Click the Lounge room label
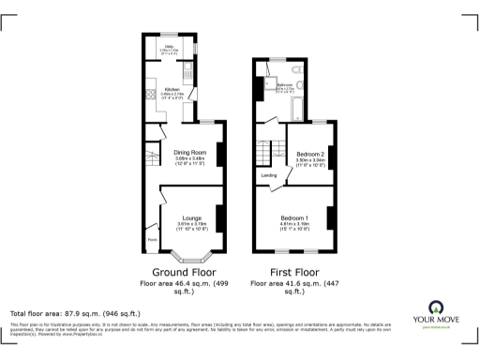click(x=191, y=217)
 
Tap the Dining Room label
click(x=190, y=153)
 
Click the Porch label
click(x=151, y=239)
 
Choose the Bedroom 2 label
click(x=310, y=153)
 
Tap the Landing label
click(x=267, y=173)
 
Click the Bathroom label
click(x=285, y=84)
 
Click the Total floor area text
click(x=74, y=313)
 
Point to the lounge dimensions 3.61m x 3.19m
click(x=191, y=224)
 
